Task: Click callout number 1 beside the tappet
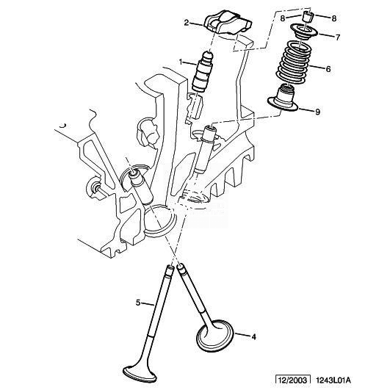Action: coord(181,62)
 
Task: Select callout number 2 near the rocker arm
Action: coord(187,23)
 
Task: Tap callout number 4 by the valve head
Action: coord(253,337)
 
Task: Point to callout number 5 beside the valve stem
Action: coord(138,303)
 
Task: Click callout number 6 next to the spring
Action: coord(328,69)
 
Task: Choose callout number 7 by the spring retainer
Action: coord(337,37)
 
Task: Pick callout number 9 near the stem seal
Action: coord(317,112)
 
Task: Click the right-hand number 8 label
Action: coord(333,18)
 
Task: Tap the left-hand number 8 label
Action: coord(283,18)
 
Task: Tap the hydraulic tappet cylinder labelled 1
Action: coord(202,72)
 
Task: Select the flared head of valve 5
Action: coord(140,374)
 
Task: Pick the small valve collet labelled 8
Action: coord(308,17)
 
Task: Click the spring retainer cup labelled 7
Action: coord(304,32)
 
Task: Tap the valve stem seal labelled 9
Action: coord(283,98)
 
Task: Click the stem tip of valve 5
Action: coord(170,268)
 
